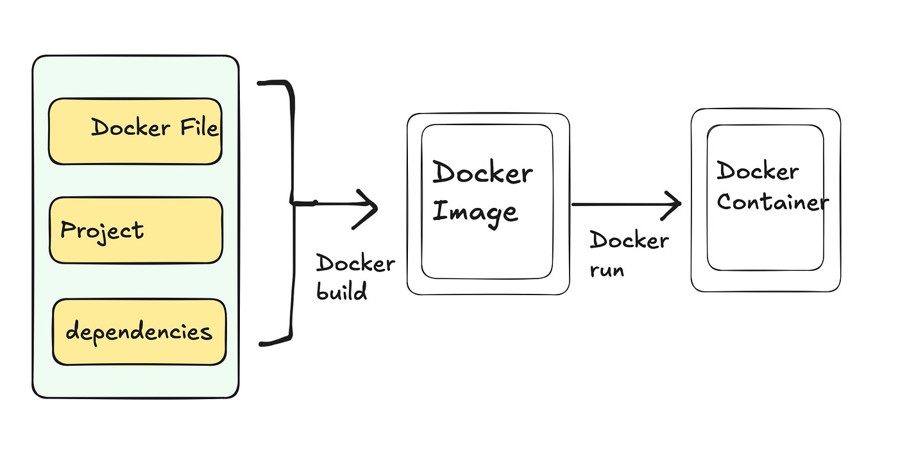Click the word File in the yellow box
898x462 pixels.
197,128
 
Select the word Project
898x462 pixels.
102,230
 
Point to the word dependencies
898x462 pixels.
139,332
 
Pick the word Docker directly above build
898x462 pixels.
355,263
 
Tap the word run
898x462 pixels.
606,270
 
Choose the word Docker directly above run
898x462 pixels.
629,241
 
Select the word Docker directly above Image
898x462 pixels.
482,173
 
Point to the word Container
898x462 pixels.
772,202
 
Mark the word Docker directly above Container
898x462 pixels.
758,171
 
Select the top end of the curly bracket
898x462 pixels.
260,83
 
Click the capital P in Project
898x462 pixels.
67,230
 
